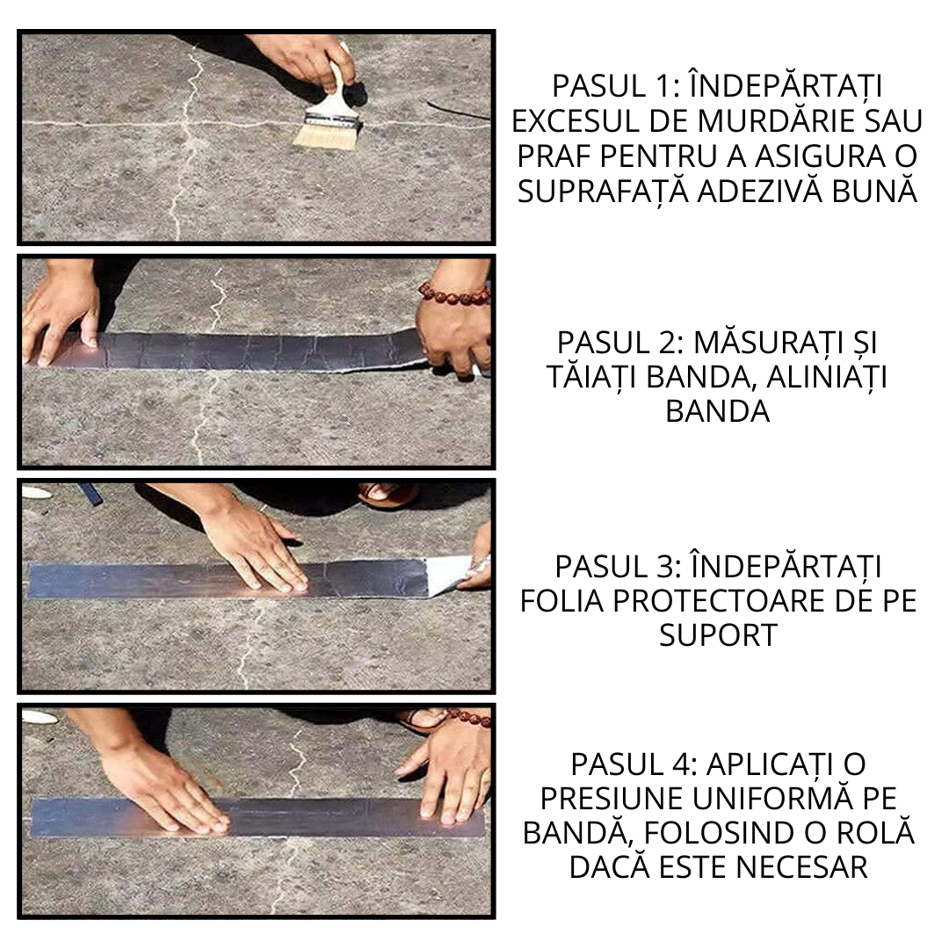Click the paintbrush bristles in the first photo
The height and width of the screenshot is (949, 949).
pos(325,134)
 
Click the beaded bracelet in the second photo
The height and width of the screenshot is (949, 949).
pos(453,293)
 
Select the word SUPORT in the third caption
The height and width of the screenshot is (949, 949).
pos(718,635)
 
